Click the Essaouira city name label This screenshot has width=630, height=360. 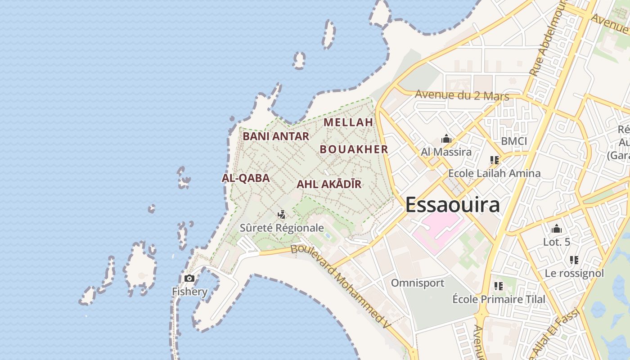point(452,205)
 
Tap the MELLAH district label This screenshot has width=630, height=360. point(348,122)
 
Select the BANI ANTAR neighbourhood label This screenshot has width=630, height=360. point(276,136)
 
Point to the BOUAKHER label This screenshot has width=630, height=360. point(354,149)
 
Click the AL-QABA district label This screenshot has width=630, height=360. point(246,178)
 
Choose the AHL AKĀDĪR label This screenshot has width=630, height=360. point(329,184)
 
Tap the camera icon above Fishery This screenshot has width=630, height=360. point(189,278)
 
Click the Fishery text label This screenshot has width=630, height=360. point(189,292)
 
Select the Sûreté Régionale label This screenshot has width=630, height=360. point(282,228)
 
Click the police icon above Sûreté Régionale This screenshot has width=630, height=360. point(282,214)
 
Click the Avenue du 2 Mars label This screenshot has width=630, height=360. point(462,95)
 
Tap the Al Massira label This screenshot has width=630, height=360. point(446,152)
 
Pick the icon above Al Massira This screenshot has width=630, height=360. point(446,139)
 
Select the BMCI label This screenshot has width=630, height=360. point(514,141)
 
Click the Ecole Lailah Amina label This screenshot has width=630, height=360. point(494,173)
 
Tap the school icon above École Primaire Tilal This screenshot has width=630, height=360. point(498,286)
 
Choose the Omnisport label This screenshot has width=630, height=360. point(417,283)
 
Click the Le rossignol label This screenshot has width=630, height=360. point(574,273)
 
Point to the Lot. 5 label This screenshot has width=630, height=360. point(557,242)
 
